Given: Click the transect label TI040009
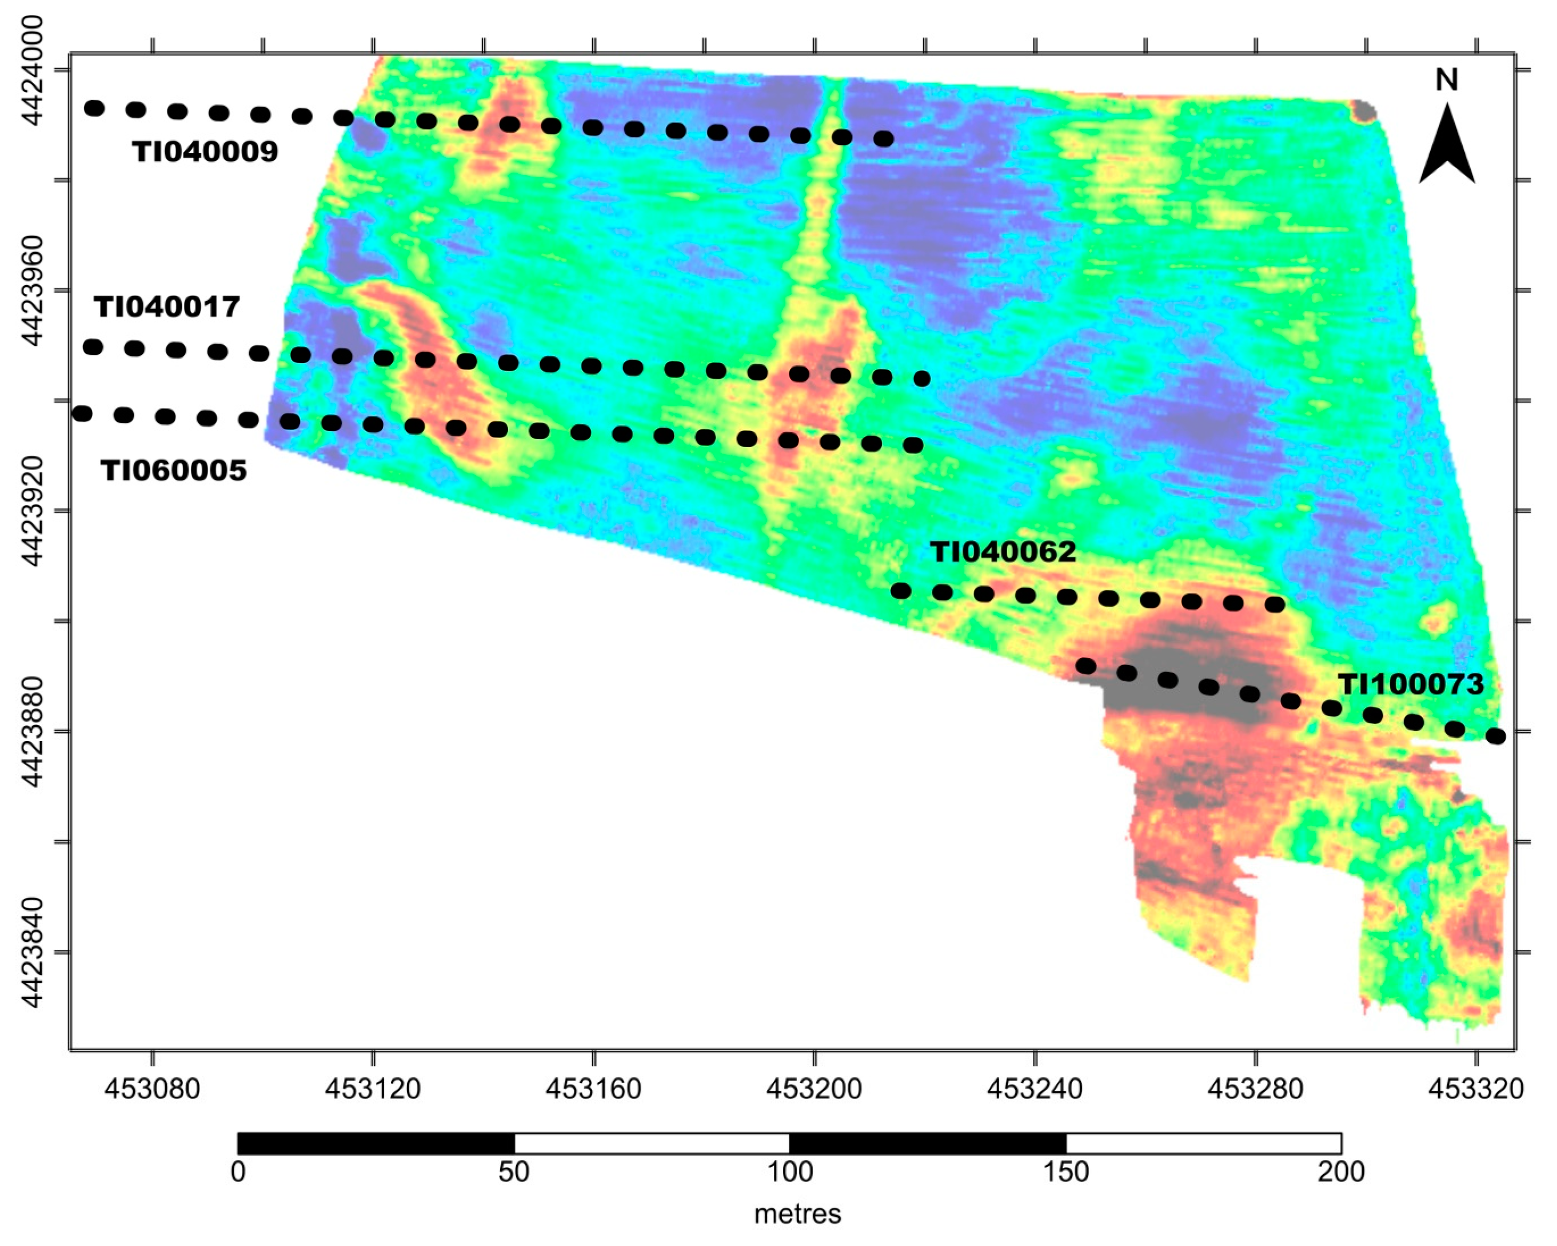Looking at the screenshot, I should (205, 152).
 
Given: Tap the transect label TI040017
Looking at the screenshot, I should (167, 307).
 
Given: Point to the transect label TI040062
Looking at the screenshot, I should (1003, 552).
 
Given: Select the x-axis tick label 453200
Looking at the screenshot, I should (815, 1088).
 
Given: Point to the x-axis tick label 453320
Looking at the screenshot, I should (1476, 1088).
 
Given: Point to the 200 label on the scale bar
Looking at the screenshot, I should (1340, 1172).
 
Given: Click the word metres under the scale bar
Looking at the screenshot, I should (797, 1214).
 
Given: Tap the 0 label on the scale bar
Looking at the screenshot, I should (238, 1172).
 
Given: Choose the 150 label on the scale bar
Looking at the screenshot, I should (1066, 1172).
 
